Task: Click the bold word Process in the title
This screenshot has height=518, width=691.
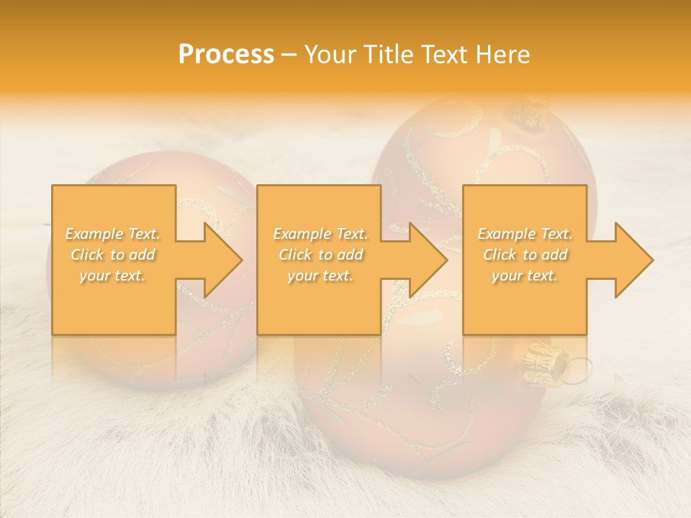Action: point(226,55)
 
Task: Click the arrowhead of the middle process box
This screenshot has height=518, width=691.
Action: point(446,260)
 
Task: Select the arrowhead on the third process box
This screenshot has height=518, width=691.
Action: point(651,260)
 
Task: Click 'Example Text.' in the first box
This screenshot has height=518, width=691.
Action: point(113,234)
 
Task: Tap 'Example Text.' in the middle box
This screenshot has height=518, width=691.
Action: point(320,234)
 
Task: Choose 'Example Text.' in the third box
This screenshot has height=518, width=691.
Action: point(525,234)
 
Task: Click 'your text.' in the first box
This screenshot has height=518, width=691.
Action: point(112,276)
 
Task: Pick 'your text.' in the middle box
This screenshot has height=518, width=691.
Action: point(320,276)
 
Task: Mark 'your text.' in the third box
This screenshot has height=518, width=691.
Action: point(524,276)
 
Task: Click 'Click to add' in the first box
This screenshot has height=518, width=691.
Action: point(113,255)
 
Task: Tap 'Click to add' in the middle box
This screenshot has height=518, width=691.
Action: point(320,255)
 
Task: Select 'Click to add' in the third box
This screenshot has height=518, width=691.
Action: point(525,255)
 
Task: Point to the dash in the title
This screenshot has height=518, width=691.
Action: point(288,55)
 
